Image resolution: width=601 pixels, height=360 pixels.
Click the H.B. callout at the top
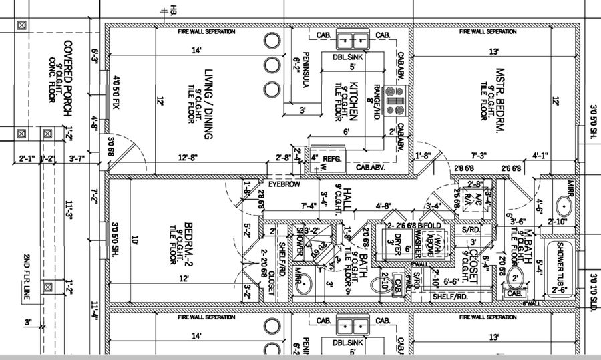click(173, 11)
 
